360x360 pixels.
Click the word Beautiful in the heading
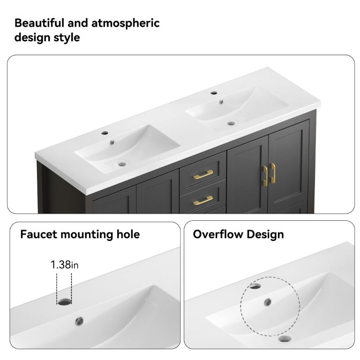pos(39,23)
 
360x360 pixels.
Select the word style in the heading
pos(67,38)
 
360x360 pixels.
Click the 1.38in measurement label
pos(64,265)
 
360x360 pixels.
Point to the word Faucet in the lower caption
pos(38,234)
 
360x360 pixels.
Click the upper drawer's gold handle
pos(203,175)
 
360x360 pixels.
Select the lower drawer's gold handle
pos(203,201)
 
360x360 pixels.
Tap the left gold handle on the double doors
pos(265,176)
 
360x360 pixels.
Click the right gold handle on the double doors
pos(273,173)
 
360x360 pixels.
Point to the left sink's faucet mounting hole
pos(105,133)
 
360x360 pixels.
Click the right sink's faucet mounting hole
pos(214,93)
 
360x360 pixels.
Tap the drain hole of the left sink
pos(122,164)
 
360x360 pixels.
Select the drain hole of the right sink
pos(231,124)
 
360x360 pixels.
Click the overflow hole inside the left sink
pos(112,142)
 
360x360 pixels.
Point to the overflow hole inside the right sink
pos(221,102)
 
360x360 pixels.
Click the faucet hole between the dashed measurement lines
pos(64,302)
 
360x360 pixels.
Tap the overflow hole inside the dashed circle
pos(268,302)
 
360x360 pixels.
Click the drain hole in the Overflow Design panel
pos(285,338)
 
